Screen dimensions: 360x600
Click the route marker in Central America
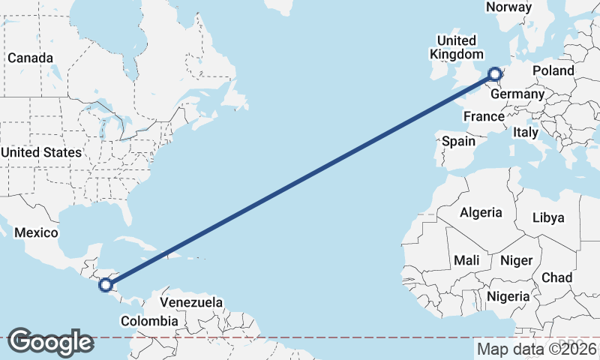point(106,284)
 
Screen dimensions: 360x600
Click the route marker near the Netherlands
point(494,73)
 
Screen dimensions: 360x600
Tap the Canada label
point(30,58)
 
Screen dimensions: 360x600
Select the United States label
point(40,152)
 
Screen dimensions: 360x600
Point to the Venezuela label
point(192,302)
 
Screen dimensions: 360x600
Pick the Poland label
point(553,70)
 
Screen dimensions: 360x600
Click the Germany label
point(517,94)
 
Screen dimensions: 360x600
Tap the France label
point(483,116)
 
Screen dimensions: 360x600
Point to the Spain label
point(458,140)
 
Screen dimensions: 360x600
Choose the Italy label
point(526,132)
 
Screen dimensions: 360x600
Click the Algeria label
point(481,212)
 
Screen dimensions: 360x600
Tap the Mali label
point(466,260)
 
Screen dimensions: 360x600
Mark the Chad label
point(556,277)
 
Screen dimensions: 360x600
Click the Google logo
point(49,341)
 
